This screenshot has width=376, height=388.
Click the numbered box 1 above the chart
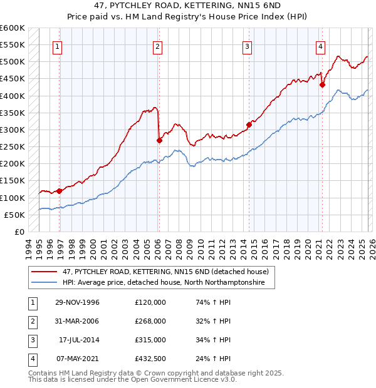coord(58,46)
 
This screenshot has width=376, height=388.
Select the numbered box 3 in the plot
coord(248,46)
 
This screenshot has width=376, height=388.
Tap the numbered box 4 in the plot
coord(320,46)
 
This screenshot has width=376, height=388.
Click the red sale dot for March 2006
coord(159,141)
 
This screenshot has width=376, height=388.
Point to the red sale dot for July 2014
coord(249,125)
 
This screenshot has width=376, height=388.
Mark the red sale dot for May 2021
coord(322,85)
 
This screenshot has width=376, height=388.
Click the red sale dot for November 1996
coord(60,191)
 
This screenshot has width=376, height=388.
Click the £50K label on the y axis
coord(15,215)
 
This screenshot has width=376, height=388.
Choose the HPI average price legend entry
coord(162,283)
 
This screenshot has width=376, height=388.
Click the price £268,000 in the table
coord(150,320)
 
